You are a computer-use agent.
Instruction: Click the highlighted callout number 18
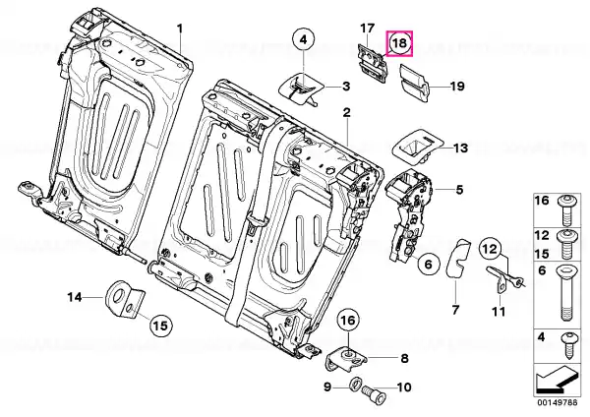[399, 44]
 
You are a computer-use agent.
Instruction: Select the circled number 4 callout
[304, 40]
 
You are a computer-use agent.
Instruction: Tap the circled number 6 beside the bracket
[426, 263]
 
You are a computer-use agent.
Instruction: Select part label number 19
[456, 88]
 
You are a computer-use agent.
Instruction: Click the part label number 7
[455, 310]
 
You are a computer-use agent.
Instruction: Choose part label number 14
[76, 296]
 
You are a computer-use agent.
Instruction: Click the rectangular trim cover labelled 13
[415, 148]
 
